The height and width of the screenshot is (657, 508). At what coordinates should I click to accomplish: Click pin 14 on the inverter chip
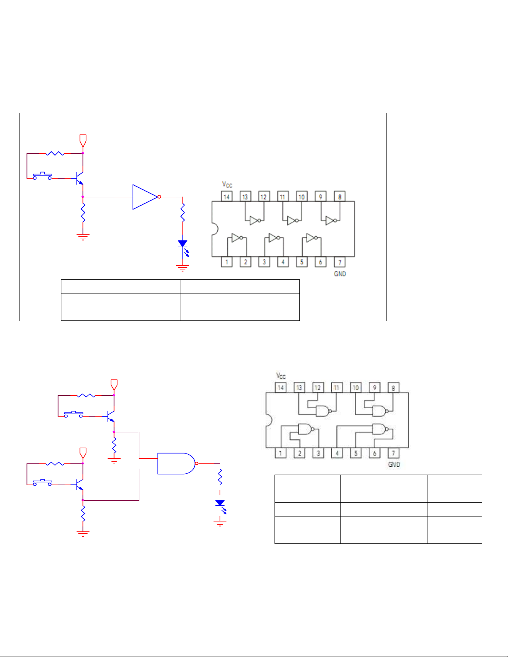pos(226,196)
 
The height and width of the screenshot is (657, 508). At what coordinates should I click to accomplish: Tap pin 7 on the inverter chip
pos(340,262)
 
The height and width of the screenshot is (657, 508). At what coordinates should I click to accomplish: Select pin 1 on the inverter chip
pos(226,262)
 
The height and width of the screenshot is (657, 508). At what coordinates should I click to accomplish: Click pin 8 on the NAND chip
pos(393,388)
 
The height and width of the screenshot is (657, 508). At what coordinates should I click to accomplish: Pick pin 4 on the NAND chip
pos(337,453)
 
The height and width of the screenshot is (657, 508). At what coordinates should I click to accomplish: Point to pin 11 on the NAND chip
pos(336,388)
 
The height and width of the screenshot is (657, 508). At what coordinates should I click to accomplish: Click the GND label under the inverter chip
pos(340,274)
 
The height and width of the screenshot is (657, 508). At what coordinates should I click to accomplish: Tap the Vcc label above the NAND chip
pos(281,376)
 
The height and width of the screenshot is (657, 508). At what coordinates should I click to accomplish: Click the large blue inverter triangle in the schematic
pos(144,197)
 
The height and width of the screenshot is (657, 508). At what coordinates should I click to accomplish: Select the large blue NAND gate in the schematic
pos(175,463)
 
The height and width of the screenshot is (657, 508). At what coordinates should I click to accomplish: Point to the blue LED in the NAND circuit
pos(220,503)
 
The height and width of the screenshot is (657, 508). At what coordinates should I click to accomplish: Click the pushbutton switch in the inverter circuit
pos(42,176)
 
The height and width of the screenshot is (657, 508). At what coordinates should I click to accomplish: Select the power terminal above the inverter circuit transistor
pos(83,140)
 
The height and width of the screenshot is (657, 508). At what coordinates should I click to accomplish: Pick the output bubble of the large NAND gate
pos(197,463)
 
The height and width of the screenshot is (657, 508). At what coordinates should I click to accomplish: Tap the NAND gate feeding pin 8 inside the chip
pos(379,411)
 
